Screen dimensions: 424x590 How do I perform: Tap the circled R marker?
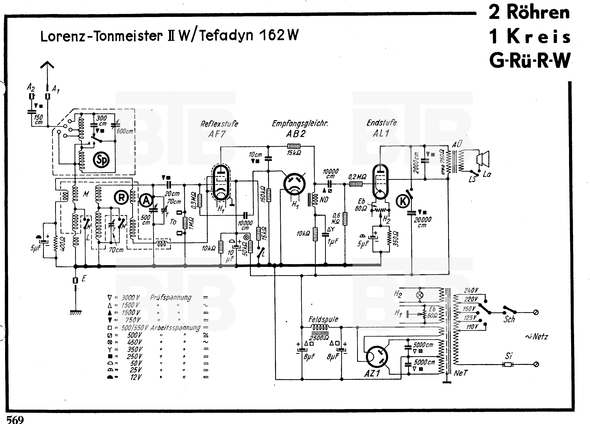click(x=121, y=198)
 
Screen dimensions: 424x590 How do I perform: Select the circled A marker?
click(x=146, y=200)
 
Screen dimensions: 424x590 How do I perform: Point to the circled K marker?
click(x=403, y=201)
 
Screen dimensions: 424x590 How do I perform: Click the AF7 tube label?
click(x=217, y=134)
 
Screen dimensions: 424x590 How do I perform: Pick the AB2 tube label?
click(x=296, y=134)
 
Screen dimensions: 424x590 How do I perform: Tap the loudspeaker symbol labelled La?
click(x=483, y=159)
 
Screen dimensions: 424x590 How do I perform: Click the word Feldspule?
click(x=323, y=319)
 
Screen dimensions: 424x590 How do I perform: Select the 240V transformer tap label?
click(x=471, y=290)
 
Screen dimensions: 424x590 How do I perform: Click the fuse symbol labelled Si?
click(x=508, y=365)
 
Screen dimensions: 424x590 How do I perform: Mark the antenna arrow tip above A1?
click(x=47, y=62)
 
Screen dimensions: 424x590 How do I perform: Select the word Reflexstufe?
click(x=219, y=124)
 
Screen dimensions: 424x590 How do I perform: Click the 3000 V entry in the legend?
click(x=131, y=298)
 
